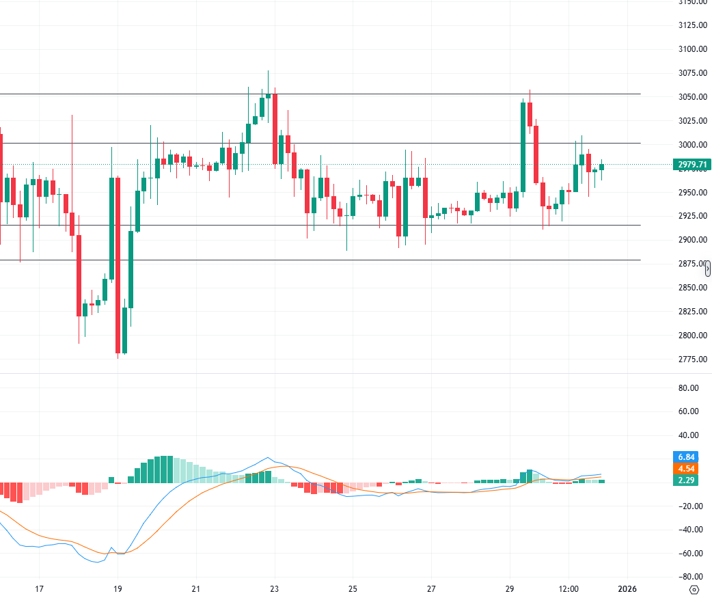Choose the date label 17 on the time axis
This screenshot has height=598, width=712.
39,589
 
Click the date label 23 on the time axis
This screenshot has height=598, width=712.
275,589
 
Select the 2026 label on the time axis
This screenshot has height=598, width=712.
627,589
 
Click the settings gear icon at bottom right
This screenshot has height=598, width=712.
694,589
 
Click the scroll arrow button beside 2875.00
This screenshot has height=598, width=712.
708,268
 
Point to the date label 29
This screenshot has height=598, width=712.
510,589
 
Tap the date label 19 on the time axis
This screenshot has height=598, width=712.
118,589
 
